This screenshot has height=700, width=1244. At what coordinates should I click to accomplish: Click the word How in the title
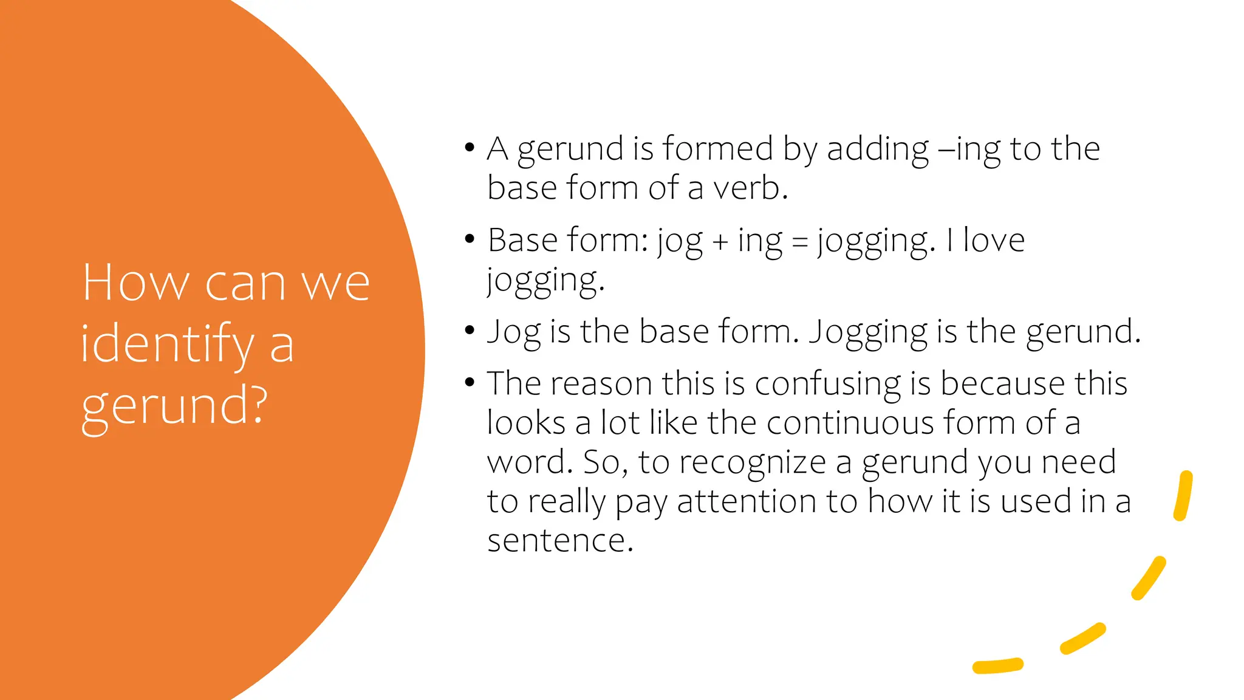tap(135, 283)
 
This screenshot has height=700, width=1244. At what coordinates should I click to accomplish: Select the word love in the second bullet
tap(994, 240)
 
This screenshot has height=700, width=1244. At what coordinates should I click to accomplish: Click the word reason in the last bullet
tap(601, 384)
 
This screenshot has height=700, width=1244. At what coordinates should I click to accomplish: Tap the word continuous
tap(850, 423)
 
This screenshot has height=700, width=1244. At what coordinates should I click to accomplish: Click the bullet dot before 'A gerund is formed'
tap(469, 148)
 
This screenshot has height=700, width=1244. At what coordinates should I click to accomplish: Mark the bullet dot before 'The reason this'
tap(469, 382)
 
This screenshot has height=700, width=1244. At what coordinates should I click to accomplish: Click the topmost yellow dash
tap(1183, 496)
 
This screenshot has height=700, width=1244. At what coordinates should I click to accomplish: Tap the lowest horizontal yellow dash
tap(997, 666)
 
